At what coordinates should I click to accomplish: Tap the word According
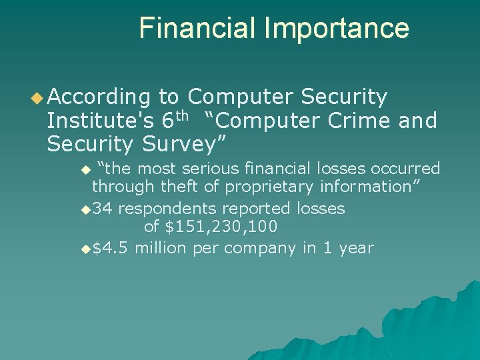click(x=99, y=98)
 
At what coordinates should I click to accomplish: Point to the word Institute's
click(x=100, y=121)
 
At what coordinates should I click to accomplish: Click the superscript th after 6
click(x=183, y=116)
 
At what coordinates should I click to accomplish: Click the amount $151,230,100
click(x=221, y=227)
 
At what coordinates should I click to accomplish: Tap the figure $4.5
click(x=111, y=248)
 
